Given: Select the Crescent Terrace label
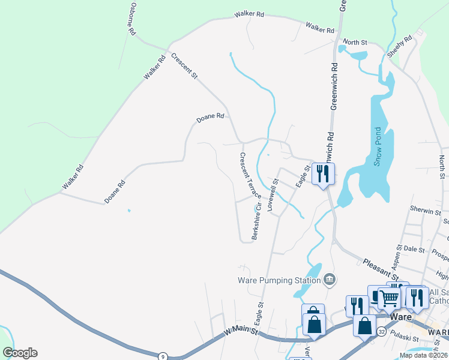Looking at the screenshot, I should tap(250, 176).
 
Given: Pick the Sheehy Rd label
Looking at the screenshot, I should tap(400, 46).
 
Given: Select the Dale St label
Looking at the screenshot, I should tap(414, 248).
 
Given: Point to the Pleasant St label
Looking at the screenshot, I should tap(380, 269).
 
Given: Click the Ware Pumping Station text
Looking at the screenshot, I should tap(278, 280).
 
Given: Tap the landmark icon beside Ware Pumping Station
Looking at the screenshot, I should tap(329, 280).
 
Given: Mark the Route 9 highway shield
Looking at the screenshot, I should tap(162, 356).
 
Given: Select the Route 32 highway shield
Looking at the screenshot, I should tap(381, 331).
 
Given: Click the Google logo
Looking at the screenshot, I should tap(20, 353).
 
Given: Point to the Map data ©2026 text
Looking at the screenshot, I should tap(423, 355).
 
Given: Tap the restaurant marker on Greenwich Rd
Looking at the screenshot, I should tap(324, 174).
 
